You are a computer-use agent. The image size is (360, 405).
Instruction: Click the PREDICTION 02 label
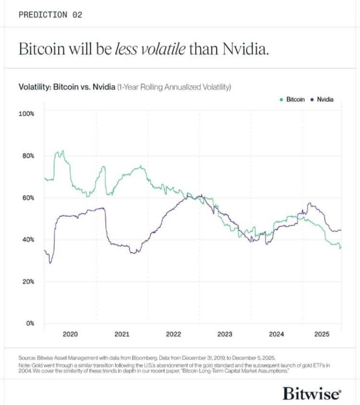tap(50, 15)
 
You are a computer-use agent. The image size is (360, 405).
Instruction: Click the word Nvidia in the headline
tap(244, 49)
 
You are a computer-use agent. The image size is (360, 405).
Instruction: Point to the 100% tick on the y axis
tap(26, 114)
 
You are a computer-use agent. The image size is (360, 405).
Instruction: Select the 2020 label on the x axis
tap(70, 334)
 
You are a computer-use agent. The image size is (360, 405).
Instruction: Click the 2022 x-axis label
tap(173, 334)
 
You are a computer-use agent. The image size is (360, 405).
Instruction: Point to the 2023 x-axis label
tap(225, 334)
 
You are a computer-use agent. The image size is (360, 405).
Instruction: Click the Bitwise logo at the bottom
tap(312, 393)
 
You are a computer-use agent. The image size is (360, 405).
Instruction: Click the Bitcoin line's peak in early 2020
tap(59, 152)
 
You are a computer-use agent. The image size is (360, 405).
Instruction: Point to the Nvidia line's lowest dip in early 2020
tap(50, 263)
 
